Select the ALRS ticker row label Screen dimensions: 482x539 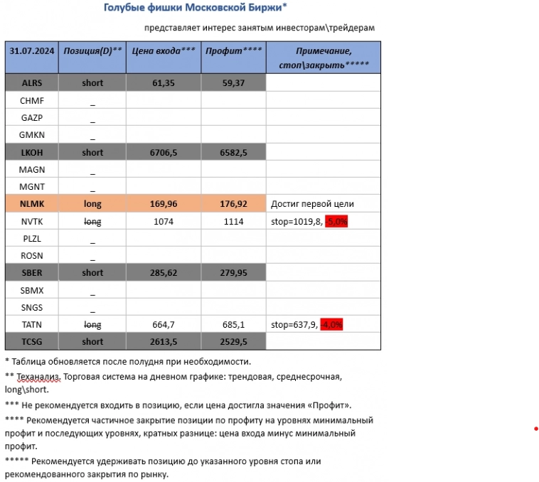coord(32,82)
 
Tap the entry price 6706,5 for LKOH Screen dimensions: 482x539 coord(164,152)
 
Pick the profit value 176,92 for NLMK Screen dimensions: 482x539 coord(234,204)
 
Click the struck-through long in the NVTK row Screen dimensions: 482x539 coord(92,221)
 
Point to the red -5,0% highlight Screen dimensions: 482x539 coord(336,222)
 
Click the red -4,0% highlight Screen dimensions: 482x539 coord(332,325)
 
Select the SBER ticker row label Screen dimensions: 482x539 coord(32,273)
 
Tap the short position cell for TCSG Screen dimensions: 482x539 coord(92,342)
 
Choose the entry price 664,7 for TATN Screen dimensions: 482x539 coord(164,325)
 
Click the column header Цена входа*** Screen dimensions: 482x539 coord(164,51)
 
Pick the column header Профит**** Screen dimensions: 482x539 coord(233,51)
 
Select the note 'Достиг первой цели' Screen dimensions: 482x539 coord(312,204)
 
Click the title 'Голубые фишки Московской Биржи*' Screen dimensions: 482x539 coord(196,8)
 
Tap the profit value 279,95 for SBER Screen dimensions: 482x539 coord(234,273)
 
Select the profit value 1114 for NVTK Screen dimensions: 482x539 coord(234,221)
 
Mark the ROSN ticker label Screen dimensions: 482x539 coord(33,256)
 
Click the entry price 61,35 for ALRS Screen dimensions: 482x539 coord(164,82)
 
